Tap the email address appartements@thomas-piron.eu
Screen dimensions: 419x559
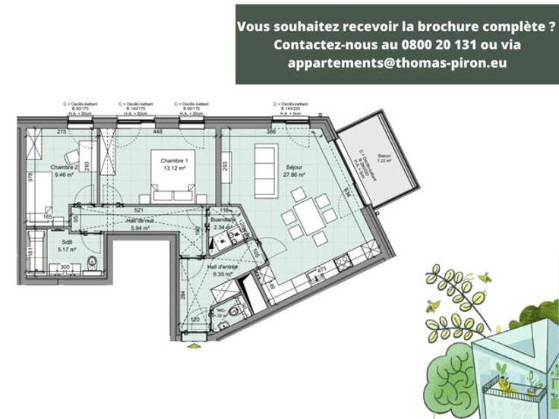pyautogui.click(x=397, y=63)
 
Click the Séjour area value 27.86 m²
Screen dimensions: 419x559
pyautogui.click(x=294, y=175)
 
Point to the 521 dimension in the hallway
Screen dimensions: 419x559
pyautogui.click(x=139, y=209)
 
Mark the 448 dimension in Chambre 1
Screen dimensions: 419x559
pyautogui.click(x=157, y=131)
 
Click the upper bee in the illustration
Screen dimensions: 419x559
pyautogui.click(x=483, y=279)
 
